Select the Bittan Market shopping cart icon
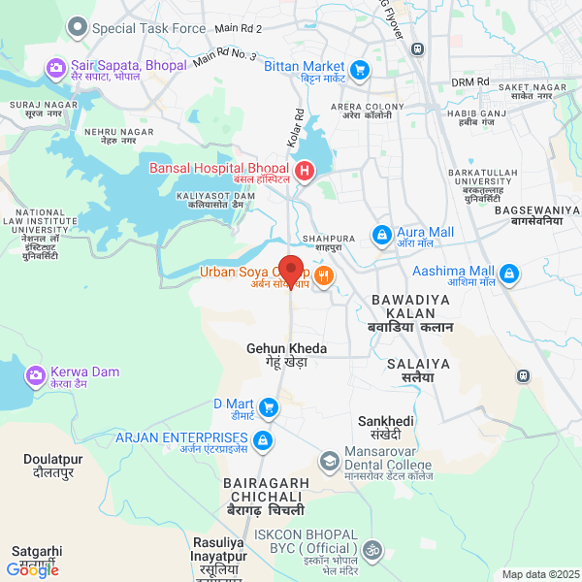pos(360,69)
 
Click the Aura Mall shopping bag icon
pos(382,235)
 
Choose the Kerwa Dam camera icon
pos(35,374)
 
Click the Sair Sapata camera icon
pos(55,68)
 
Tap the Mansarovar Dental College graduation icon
pos(330,459)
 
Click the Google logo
pos(32,570)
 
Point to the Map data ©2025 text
pos(539,574)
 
